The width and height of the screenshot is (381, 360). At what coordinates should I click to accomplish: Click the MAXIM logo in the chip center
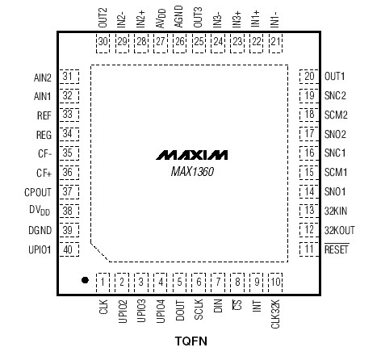pos(192,153)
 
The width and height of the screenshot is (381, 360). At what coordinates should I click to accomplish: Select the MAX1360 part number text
pos(192,170)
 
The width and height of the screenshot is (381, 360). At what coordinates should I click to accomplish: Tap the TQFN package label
pos(190,342)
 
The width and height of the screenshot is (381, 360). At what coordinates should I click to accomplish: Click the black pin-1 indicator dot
pos(84,280)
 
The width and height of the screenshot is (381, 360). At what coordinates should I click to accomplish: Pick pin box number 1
pos(103,282)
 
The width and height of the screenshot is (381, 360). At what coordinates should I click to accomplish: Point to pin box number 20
pos(309,77)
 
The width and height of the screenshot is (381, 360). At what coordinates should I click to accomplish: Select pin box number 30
pos(103,41)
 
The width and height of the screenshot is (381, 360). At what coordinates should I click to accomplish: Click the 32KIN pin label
pos(335,211)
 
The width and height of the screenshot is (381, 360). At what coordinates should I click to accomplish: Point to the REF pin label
pos(44,115)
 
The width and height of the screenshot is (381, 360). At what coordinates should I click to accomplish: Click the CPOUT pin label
pos(38,191)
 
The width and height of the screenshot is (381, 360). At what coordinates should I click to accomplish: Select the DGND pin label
pos(40,230)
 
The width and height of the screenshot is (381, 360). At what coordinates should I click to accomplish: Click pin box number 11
pos(309,249)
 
